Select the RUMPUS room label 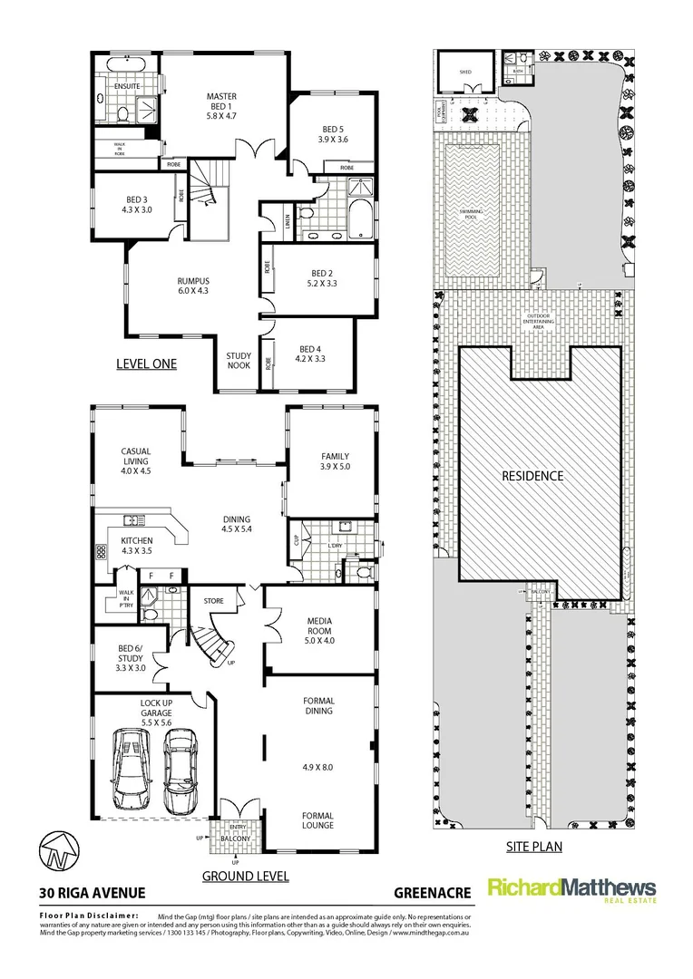pyautogui.click(x=193, y=280)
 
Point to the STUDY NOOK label pyautogui.click(x=239, y=361)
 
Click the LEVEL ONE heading pyautogui.click(x=146, y=363)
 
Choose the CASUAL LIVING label pyautogui.click(x=136, y=456)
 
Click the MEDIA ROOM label pyautogui.click(x=320, y=621)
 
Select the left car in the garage pyautogui.click(x=131, y=770)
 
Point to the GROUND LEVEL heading pyautogui.click(x=245, y=877)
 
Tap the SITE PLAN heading pyautogui.click(x=532, y=847)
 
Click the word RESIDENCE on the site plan pyautogui.click(x=533, y=476)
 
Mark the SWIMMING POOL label pyautogui.click(x=471, y=214)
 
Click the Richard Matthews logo pyautogui.click(x=572, y=889)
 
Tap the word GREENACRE pyautogui.click(x=433, y=893)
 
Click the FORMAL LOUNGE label pyautogui.click(x=317, y=820)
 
